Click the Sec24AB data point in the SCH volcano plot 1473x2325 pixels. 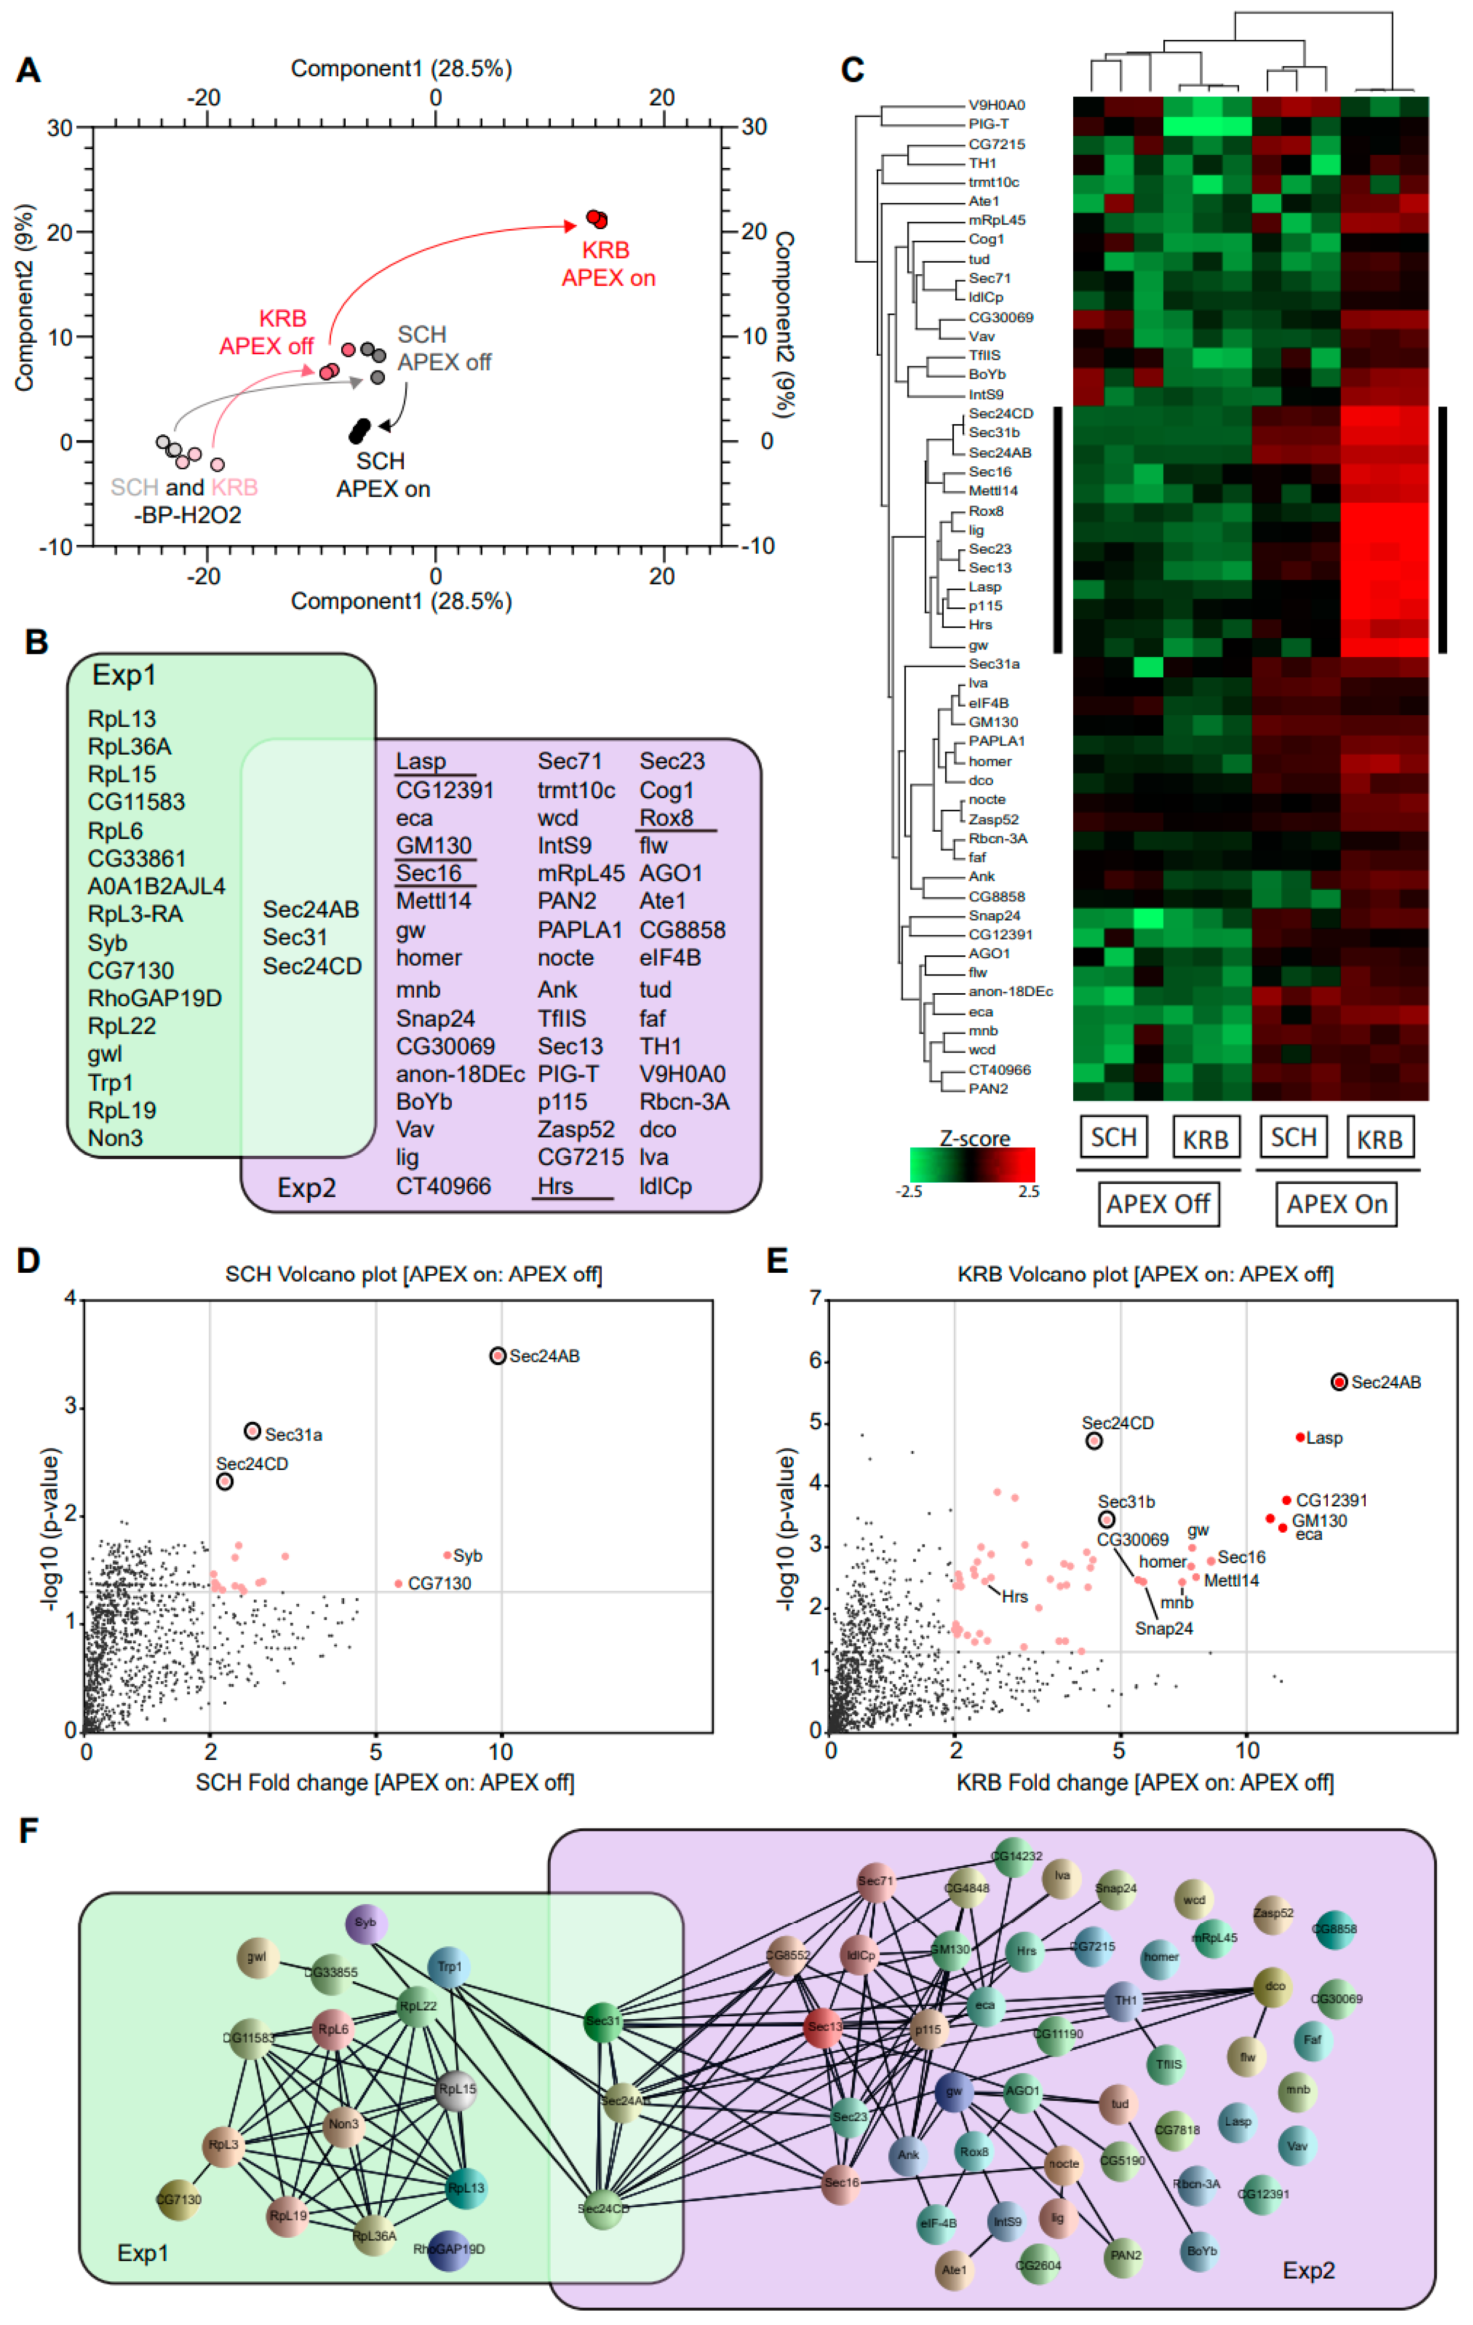[497, 1356]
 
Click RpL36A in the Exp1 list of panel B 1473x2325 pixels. [129, 746]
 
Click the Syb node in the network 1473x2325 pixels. [366, 1922]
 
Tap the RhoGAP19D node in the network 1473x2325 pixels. [449, 2249]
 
